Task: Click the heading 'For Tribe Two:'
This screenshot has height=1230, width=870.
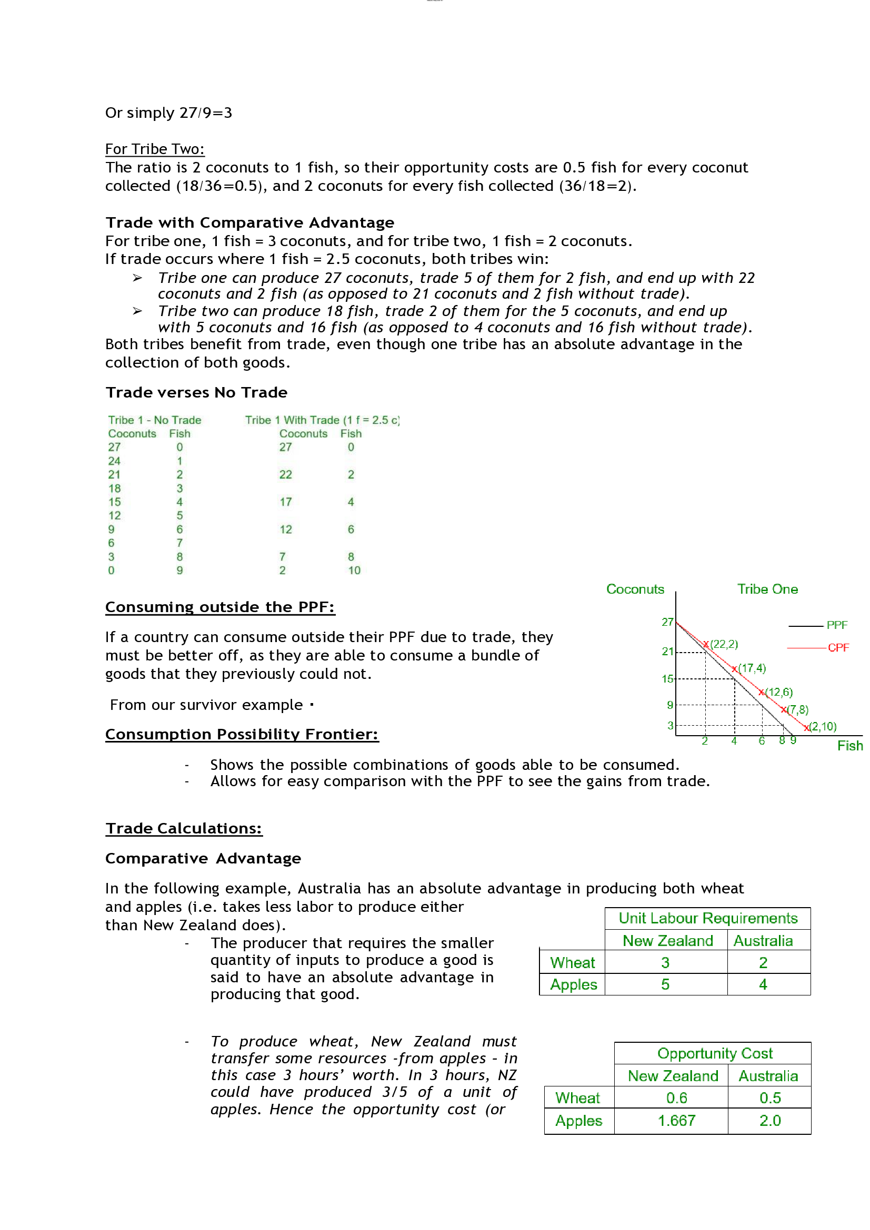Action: pos(154,149)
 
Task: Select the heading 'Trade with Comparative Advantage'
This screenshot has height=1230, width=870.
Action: pos(249,222)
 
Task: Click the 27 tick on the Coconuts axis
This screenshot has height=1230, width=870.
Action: pos(667,622)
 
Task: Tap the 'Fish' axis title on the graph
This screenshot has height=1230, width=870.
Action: pos(849,745)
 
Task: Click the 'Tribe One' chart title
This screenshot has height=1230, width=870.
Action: pos(767,589)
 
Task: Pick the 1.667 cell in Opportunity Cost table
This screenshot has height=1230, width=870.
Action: pos(676,1120)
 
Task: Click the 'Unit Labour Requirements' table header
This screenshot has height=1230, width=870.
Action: pos(707,918)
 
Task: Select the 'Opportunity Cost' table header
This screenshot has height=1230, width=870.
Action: pos(715,1053)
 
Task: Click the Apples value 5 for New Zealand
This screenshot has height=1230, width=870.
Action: pos(665,984)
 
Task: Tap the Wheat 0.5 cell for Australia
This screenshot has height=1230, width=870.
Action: pos(770,1097)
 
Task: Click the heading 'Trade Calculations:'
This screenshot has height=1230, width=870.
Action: pos(183,828)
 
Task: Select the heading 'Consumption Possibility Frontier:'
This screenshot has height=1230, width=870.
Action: pos(241,734)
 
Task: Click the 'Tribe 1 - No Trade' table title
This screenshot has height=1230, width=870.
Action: pos(154,420)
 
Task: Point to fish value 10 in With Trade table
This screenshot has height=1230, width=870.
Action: pos(354,570)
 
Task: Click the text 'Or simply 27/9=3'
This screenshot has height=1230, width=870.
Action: pos(168,113)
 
